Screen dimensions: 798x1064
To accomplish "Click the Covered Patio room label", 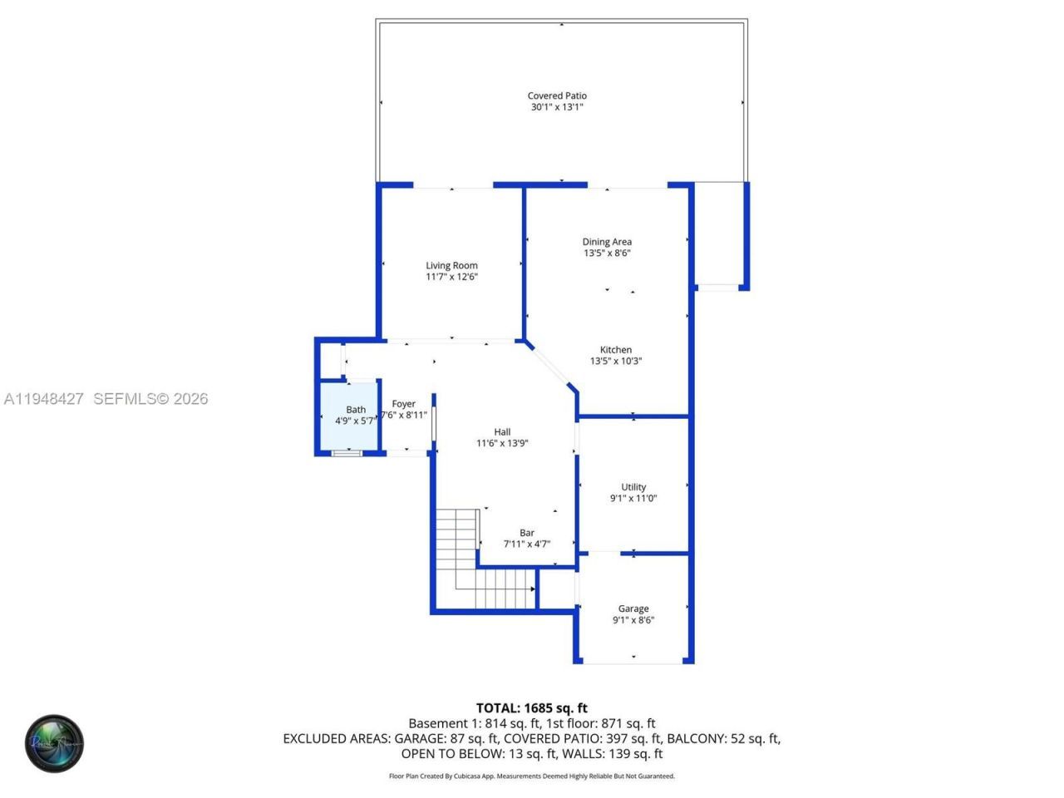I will (557, 96).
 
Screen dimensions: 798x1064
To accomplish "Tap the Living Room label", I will (451, 266).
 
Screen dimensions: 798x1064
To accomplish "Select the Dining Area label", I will (607, 242).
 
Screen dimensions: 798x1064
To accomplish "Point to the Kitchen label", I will (616, 350).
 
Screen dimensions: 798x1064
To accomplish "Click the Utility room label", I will (633, 487).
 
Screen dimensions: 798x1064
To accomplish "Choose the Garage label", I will (633, 608).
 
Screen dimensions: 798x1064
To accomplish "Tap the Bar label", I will (527, 533).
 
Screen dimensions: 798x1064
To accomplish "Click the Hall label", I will (502, 431).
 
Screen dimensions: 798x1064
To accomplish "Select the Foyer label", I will (404, 404).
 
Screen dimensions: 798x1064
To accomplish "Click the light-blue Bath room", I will (348, 432).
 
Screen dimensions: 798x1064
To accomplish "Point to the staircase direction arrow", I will (532, 589).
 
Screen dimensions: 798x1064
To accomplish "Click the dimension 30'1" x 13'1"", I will (557, 107).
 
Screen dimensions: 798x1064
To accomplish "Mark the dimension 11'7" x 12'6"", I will (451, 277).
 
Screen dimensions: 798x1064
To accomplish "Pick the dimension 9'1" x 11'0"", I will (633, 499).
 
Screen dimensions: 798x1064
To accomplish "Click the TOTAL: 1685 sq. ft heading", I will (532, 708).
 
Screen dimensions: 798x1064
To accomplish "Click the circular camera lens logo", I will (54, 743).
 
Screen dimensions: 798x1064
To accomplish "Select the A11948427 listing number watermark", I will (43, 399).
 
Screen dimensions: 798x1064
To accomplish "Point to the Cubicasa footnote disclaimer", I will (532, 776).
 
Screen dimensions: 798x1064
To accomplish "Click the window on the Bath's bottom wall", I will (347, 453).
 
